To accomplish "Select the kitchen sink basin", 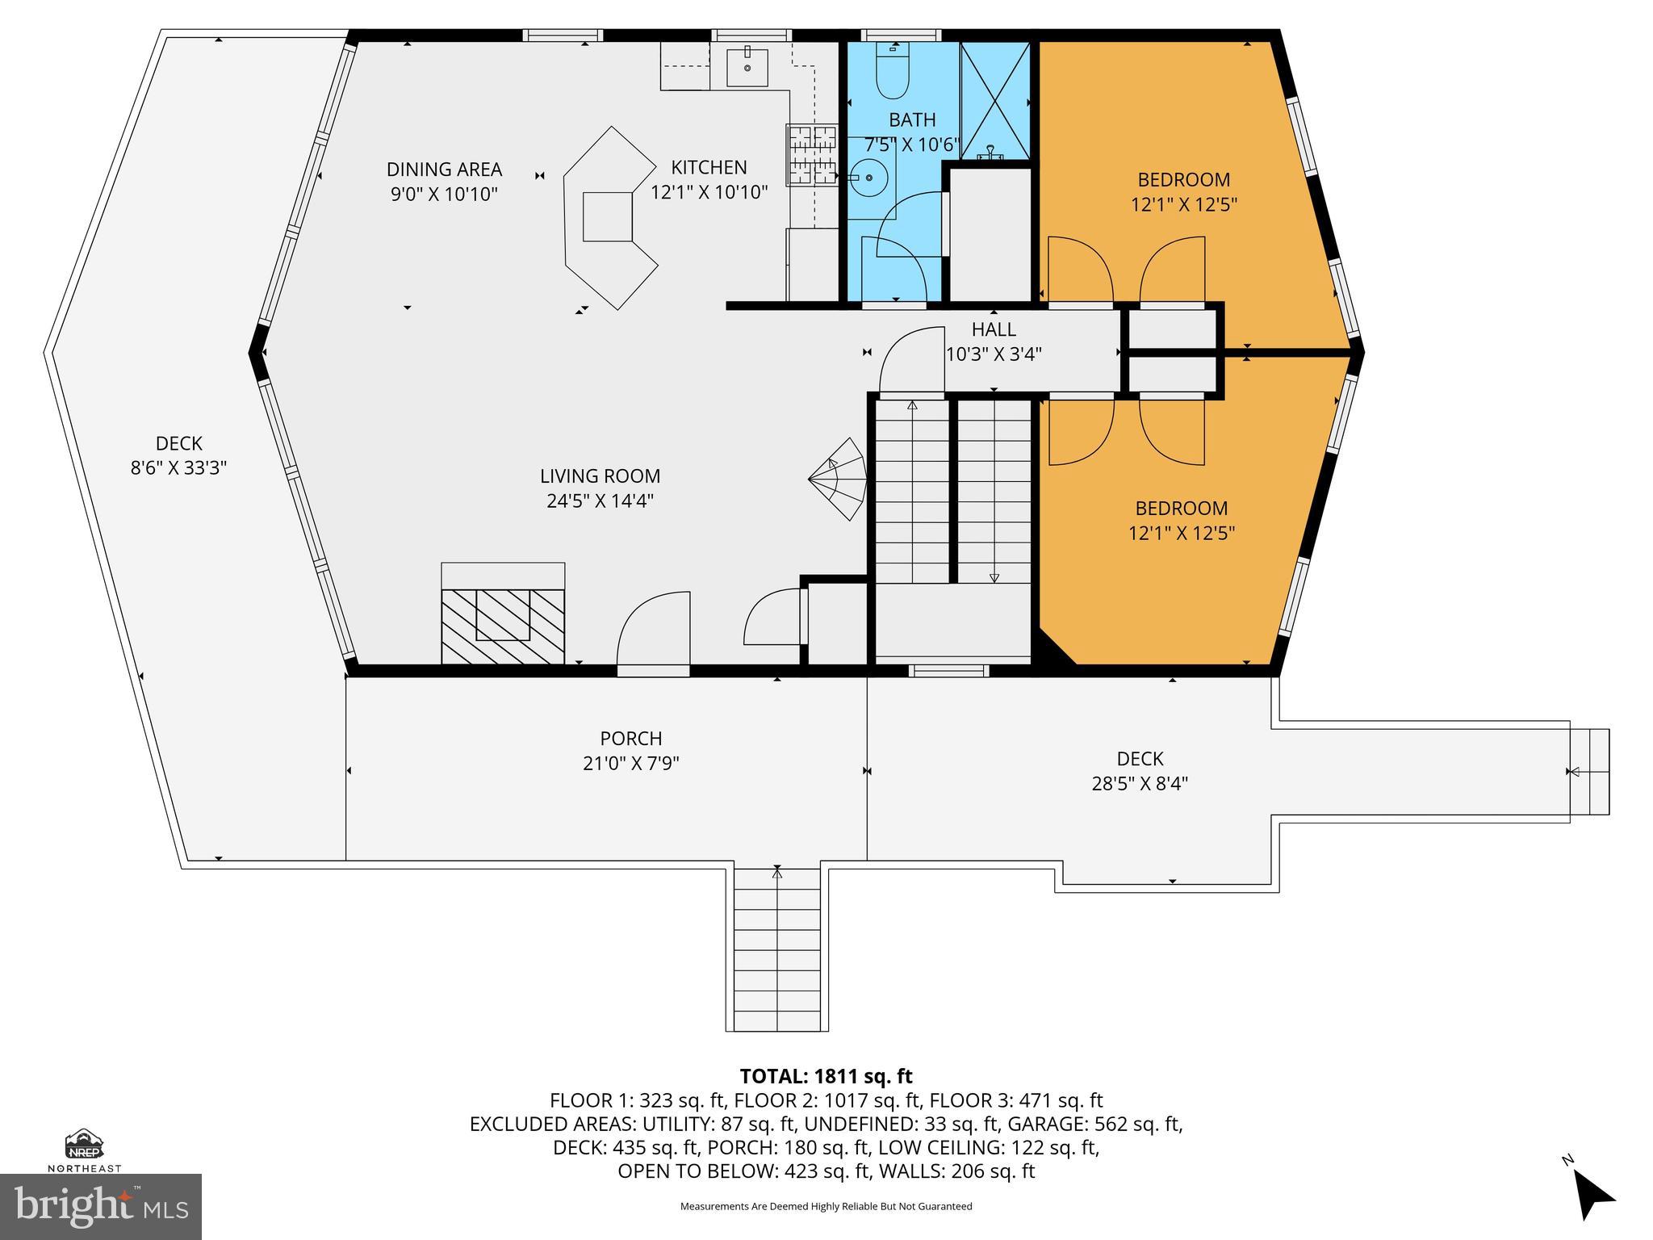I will coord(747,66).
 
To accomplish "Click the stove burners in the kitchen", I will coord(813,156).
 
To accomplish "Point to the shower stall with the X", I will coord(995,101).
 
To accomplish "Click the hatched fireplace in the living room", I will coord(503,626).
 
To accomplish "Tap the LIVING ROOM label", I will coord(600,476).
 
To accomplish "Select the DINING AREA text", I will coord(444,170).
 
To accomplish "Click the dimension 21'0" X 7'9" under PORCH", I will coord(630,763).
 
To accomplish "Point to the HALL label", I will coord(994,329).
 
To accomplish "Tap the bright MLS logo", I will coord(101,1206).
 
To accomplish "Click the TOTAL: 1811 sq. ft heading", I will coord(826,1076).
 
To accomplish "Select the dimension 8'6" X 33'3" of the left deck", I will coord(178,467).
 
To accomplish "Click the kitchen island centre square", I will coord(607,216).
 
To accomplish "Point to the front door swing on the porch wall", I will coord(654,630).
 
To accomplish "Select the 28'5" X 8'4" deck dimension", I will coord(1140,783).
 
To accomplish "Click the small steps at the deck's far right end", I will coord(1589,772).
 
